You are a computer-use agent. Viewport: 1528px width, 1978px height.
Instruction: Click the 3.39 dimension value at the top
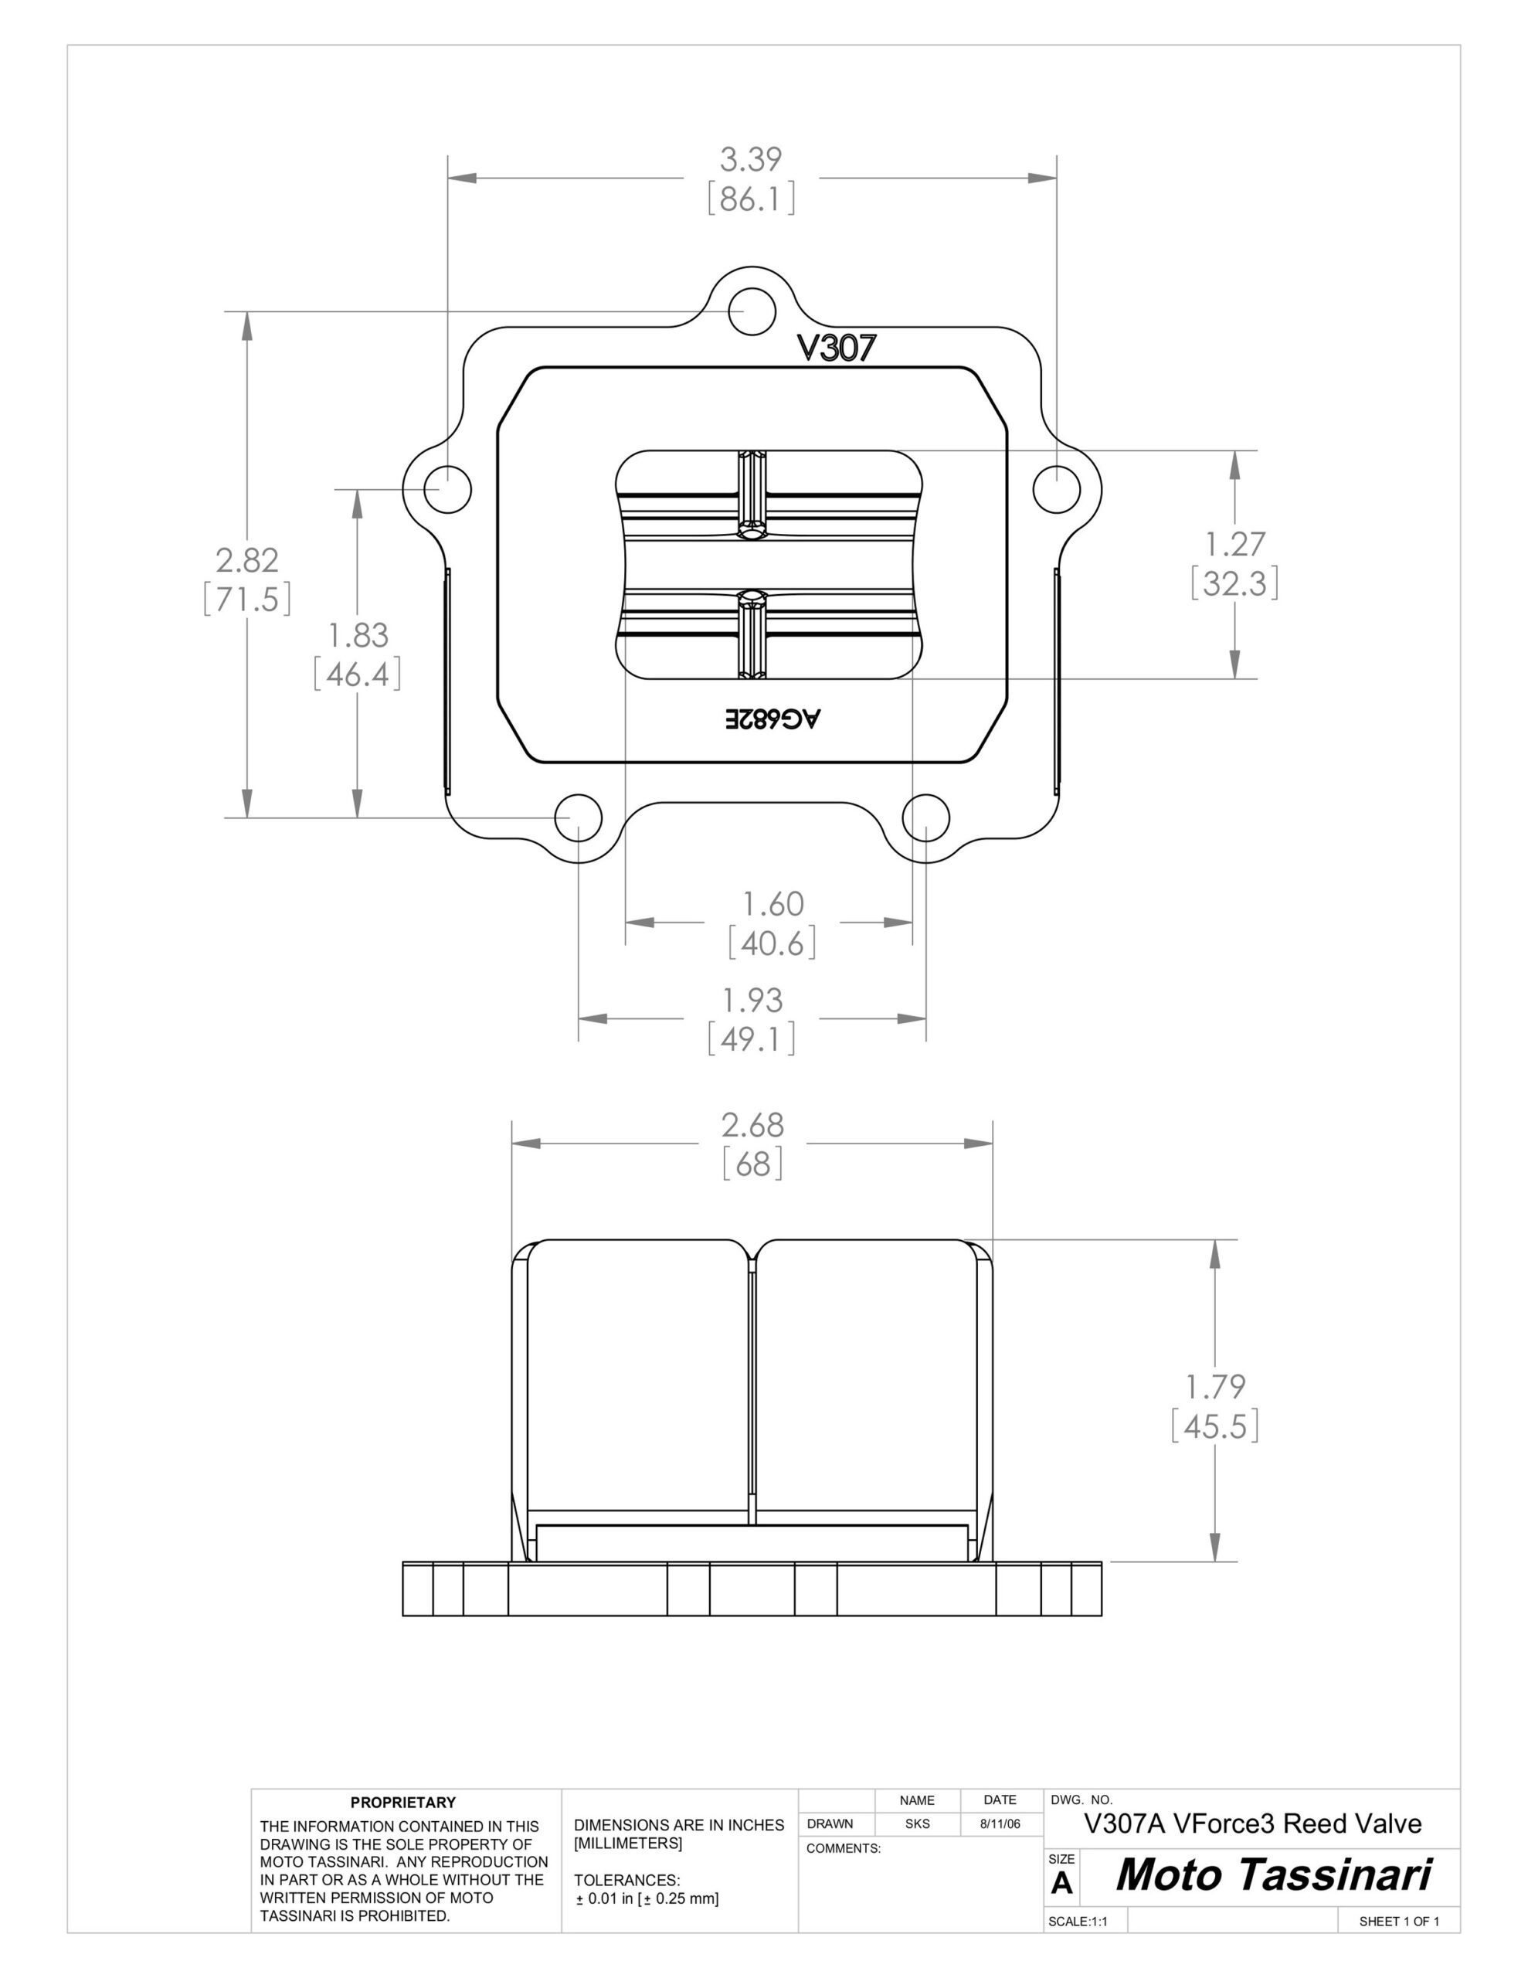click(751, 159)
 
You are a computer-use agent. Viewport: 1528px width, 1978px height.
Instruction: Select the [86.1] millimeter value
click(751, 199)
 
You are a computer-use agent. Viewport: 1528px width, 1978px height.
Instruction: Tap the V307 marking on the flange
click(836, 348)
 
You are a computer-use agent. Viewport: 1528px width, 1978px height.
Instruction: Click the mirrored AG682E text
click(772, 719)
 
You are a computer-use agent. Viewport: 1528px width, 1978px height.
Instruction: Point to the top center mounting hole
click(752, 311)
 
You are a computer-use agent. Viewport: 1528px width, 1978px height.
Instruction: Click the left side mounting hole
click(447, 489)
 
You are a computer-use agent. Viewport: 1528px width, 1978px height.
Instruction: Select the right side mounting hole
click(1056, 489)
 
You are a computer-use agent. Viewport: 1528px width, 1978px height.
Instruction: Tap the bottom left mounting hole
click(578, 817)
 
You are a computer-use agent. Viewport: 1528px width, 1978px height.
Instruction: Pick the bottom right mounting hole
click(925, 817)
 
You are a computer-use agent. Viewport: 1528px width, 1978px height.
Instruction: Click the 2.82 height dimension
click(246, 561)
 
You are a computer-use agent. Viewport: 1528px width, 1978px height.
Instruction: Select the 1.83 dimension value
click(358, 636)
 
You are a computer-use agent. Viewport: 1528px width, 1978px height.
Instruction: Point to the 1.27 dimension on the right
click(1234, 544)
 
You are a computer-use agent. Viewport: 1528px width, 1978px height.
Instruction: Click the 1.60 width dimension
click(772, 904)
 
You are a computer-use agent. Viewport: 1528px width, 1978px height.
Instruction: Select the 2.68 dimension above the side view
click(752, 1125)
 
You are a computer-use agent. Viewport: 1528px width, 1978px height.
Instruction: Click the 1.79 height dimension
click(1215, 1387)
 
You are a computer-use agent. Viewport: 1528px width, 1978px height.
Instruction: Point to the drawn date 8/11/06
click(1000, 1824)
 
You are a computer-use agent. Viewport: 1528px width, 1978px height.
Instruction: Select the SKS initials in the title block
click(917, 1824)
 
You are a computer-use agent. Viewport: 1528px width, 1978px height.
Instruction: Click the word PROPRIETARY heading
click(403, 1803)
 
